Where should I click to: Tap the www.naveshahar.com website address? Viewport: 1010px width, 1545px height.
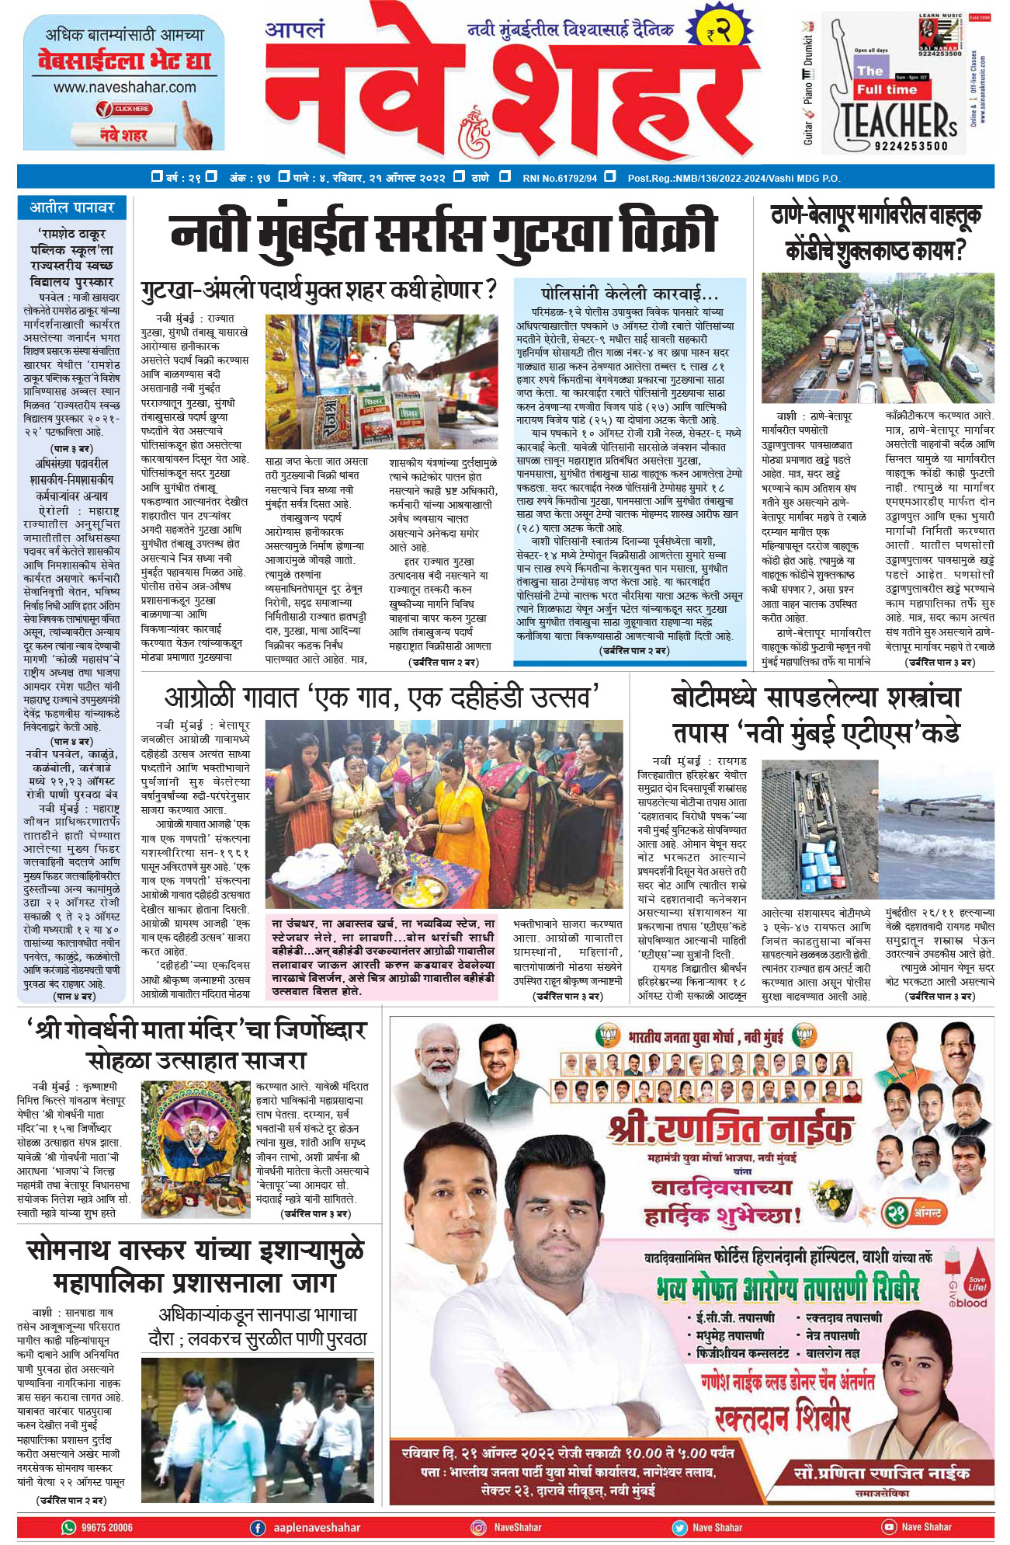point(124,88)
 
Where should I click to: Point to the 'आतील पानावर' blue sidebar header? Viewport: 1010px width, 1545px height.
point(72,207)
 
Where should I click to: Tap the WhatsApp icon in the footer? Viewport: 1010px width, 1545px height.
point(69,1527)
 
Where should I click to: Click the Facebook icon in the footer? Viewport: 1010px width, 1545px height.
point(258,1527)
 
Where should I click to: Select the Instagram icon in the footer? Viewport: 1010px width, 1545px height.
point(480,1527)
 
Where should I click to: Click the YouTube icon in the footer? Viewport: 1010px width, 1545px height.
point(889,1527)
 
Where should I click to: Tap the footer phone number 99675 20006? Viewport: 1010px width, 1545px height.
point(107,1527)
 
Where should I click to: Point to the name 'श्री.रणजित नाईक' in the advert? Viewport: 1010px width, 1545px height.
point(731,1129)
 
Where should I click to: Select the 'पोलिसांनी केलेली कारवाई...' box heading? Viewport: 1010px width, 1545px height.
point(630,294)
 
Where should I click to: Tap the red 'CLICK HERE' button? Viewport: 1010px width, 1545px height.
point(124,109)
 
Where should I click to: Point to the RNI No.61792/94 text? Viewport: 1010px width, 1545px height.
point(560,178)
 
